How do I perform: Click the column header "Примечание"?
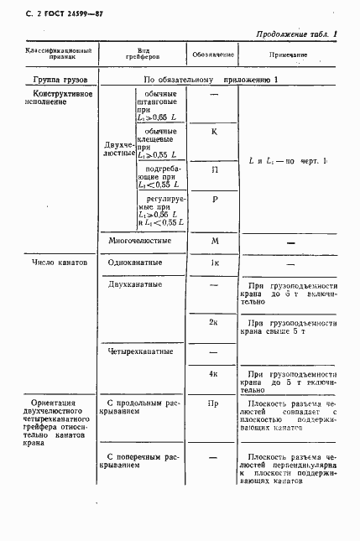click(288, 55)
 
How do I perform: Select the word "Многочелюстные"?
click(140, 241)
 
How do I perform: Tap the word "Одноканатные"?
click(137, 263)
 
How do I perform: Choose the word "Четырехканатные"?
click(141, 351)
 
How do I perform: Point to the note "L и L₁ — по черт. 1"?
click(289, 159)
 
